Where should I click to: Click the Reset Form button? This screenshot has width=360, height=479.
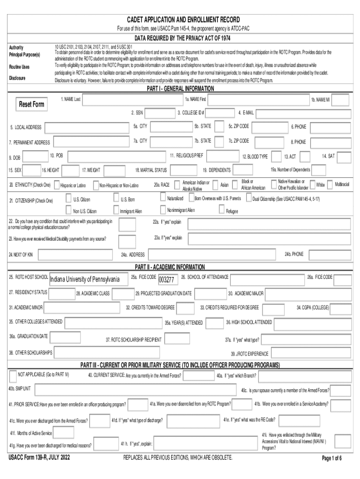[32, 104]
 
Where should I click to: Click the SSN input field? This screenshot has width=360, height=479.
[159, 113]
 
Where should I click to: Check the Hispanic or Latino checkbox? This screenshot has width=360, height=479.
[57, 185]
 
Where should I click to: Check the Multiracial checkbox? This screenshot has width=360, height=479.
[330, 185]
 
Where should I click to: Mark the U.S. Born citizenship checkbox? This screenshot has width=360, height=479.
[116, 199]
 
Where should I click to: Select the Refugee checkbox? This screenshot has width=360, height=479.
[222, 210]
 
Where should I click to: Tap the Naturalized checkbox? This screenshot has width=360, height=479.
[162, 198]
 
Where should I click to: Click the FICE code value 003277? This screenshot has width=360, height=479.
[167, 279]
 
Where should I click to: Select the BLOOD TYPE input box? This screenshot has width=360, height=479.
[275, 156]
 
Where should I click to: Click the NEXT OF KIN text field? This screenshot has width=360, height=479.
[75, 254]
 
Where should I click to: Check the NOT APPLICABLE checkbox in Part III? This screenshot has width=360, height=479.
[13, 376]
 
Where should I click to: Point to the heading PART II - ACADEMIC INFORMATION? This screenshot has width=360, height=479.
[170, 267]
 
